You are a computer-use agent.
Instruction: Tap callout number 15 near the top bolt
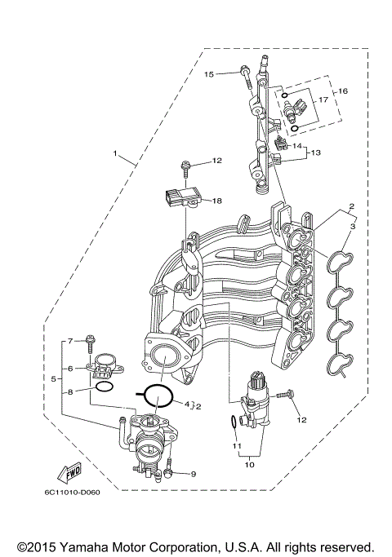tap(209, 74)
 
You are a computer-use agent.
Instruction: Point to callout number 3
tap(353, 226)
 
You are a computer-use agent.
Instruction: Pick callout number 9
tap(194, 474)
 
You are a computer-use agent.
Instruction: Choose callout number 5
tap(54, 379)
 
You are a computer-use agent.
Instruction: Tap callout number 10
tap(248, 464)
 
